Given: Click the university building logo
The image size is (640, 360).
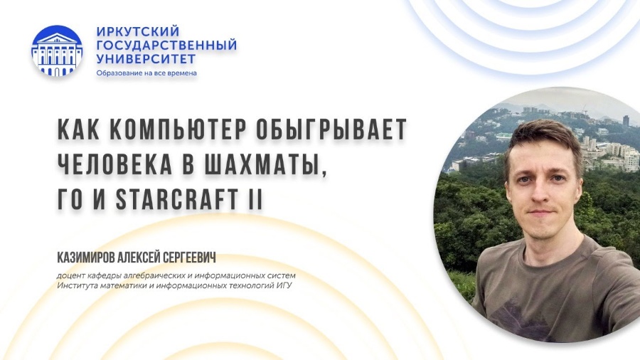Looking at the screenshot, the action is click(x=57, y=51).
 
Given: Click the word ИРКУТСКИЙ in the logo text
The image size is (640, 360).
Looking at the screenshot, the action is click(x=138, y=31).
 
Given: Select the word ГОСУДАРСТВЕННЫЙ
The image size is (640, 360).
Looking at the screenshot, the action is click(x=166, y=46).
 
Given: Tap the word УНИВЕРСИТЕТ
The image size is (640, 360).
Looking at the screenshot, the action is click(x=146, y=59).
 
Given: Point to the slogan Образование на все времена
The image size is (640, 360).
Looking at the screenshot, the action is click(x=146, y=73).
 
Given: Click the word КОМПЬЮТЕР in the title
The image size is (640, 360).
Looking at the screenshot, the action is click(x=178, y=129).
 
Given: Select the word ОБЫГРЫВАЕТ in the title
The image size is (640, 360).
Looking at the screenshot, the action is click(x=332, y=129).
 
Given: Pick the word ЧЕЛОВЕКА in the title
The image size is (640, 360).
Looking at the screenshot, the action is click(x=114, y=164).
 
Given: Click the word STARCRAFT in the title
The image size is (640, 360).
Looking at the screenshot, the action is click(x=177, y=200).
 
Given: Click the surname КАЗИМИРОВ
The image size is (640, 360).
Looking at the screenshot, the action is click(x=86, y=258).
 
